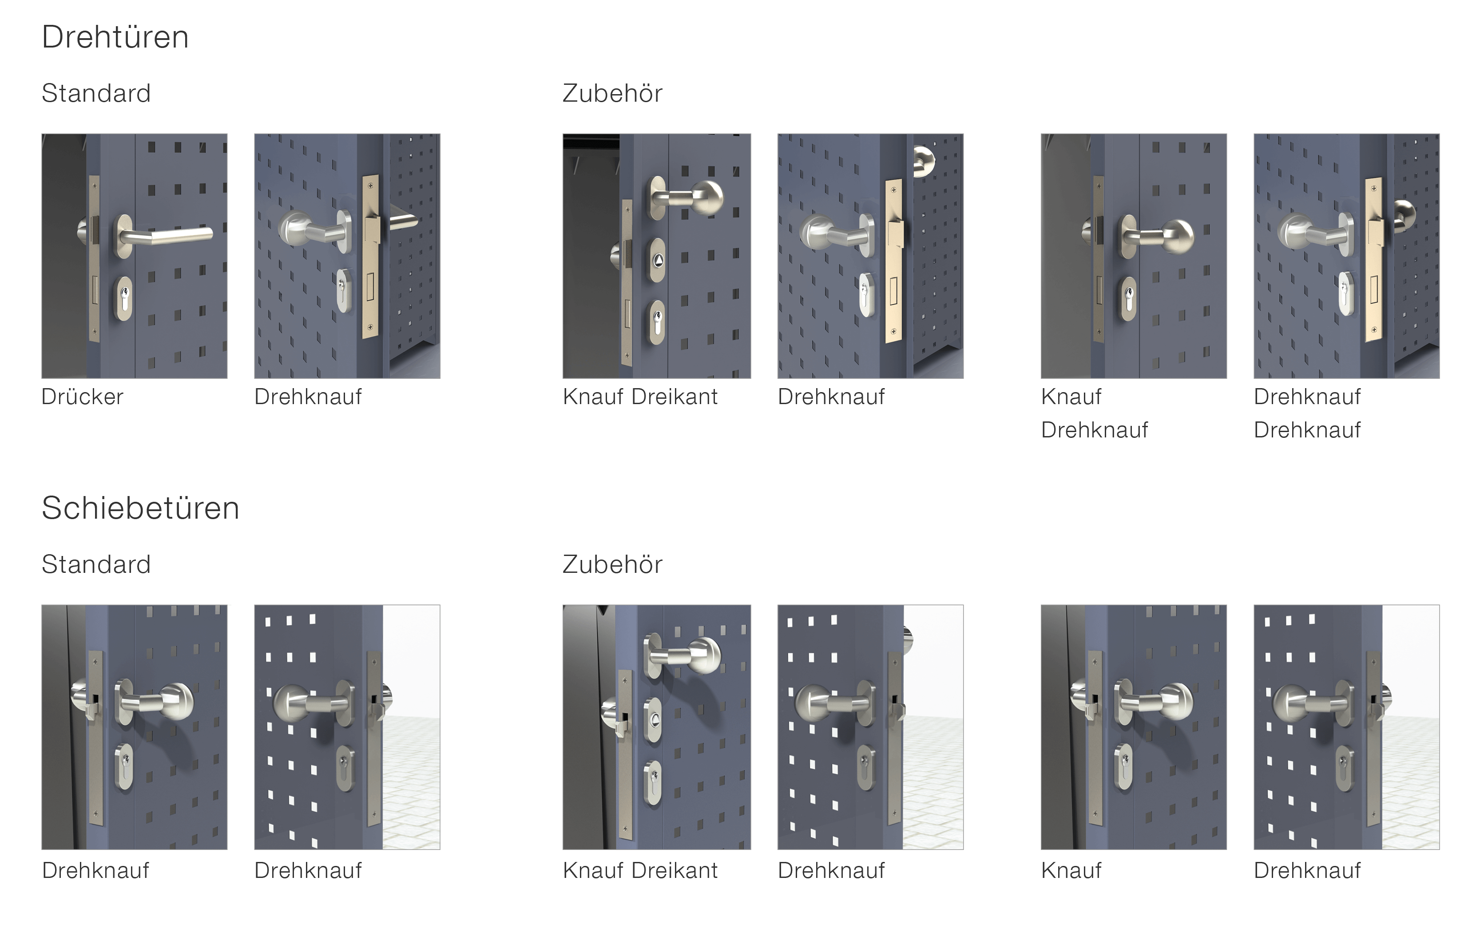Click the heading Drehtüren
[115, 37]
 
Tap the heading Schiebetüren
[140, 508]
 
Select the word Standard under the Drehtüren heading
[96, 93]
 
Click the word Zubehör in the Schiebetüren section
[612, 564]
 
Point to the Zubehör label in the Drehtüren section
[612, 93]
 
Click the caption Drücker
[83, 397]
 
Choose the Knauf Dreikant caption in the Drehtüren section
[640, 397]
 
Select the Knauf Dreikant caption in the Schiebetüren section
[640, 870]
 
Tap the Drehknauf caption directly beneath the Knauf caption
[1094, 429]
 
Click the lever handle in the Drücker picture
[165, 235]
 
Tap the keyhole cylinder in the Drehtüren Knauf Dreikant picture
[658, 322]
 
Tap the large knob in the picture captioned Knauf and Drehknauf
[1177, 236]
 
